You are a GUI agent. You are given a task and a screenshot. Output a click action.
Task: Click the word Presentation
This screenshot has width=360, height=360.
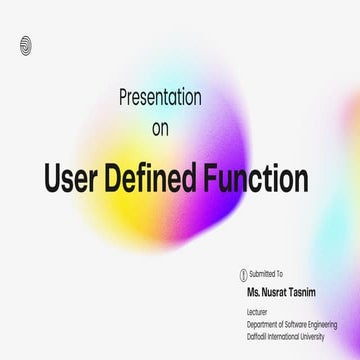(159, 99)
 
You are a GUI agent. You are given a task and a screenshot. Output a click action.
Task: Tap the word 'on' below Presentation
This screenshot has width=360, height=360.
(159, 129)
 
